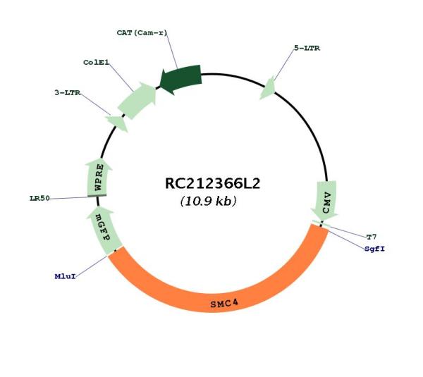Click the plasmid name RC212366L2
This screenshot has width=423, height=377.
(x=213, y=184)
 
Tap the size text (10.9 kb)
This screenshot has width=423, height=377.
(x=208, y=201)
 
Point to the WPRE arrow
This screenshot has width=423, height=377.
(x=98, y=178)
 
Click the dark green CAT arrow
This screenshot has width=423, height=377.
(x=180, y=79)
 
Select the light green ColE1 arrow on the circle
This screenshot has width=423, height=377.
(x=137, y=100)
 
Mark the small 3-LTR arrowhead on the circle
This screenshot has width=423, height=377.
(x=117, y=123)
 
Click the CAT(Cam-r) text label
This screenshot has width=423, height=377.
(x=142, y=32)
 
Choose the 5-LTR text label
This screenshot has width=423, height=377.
(x=307, y=49)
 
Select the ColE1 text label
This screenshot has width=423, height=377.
(x=97, y=63)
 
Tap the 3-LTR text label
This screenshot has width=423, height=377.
(x=68, y=93)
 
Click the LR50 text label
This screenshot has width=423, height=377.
(x=39, y=199)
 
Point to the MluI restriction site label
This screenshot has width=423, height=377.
(x=66, y=276)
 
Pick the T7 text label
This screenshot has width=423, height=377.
(x=372, y=237)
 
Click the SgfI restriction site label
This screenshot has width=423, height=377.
(x=375, y=249)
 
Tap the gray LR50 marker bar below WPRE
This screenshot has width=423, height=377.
(x=97, y=196)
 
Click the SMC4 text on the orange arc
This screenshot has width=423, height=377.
(x=224, y=304)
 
